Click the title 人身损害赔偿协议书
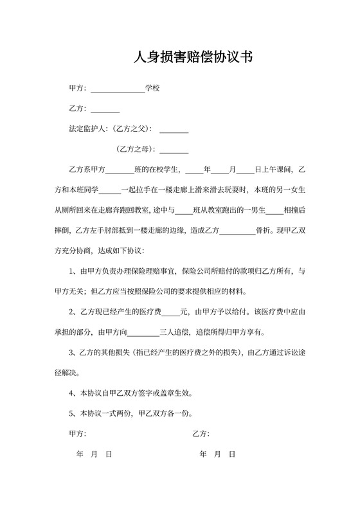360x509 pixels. pyautogui.click(x=192, y=57)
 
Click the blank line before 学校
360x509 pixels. pyautogui.click(x=118, y=88)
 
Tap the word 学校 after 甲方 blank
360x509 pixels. pyautogui.click(x=152, y=87)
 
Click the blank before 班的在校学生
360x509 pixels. pyautogui.click(x=119, y=170)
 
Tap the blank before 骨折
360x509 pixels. pyautogui.click(x=238, y=231)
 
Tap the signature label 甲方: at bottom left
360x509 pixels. pyautogui.click(x=78, y=434)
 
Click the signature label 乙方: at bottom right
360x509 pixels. pyautogui.click(x=201, y=434)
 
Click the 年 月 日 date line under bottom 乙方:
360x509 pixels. pyautogui.click(x=217, y=454)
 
